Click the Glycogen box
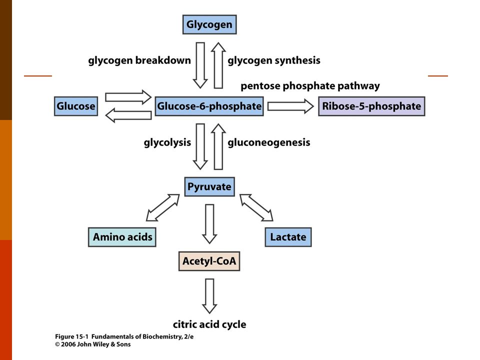(209, 24)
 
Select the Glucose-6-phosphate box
(209, 106)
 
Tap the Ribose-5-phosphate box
(371, 106)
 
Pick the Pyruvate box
(209, 186)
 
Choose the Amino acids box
(122, 237)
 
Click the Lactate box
(288, 237)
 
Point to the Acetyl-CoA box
(209, 261)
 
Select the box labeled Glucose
(76, 106)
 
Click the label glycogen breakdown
(139, 60)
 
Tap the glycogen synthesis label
(274, 60)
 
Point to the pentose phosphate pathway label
(310, 86)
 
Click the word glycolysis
(167, 142)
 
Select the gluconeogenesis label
(269, 142)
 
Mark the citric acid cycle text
(209, 324)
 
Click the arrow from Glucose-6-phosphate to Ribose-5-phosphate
(290, 106)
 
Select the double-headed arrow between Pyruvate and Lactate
(256, 207)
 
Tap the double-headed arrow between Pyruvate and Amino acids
(163, 207)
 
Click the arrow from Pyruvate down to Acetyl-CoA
(209, 224)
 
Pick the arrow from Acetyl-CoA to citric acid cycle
(209, 296)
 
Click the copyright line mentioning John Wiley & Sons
(93, 344)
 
